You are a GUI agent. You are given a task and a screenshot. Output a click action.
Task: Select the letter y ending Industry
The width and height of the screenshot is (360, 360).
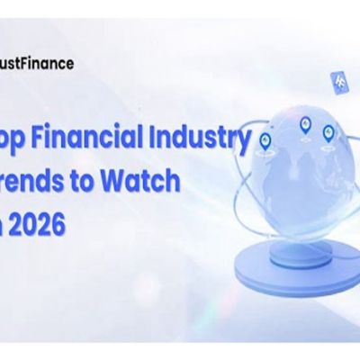[x=242, y=143]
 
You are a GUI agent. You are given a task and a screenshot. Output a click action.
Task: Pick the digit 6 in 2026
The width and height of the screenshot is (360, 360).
[x=60, y=221]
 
